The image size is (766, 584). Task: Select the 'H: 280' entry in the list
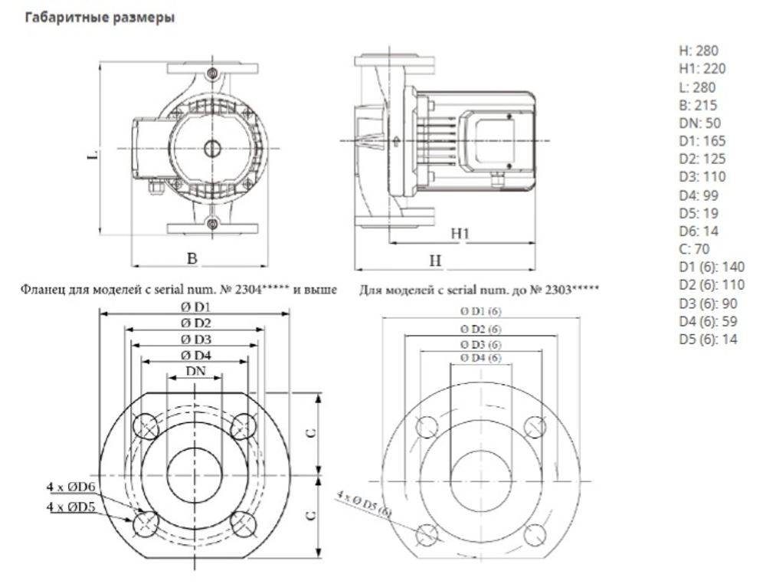pos(698,51)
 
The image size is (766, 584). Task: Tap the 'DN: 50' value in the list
pos(699,123)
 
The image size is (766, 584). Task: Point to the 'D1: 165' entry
pos(702,142)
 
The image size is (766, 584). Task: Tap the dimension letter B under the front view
pos(192,259)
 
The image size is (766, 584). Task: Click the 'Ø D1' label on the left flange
pos(196,307)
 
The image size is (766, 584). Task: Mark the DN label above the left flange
pos(196,371)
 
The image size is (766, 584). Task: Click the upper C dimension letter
pos(310,433)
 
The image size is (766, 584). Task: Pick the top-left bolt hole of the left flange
pos(145,425)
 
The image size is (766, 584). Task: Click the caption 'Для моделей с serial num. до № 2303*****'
pos(478,290)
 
